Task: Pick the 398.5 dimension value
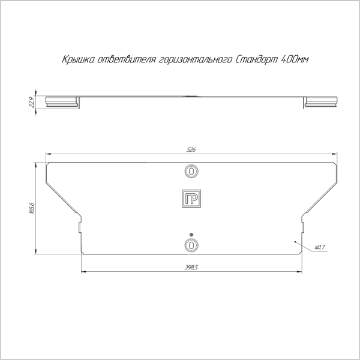coord(191,267)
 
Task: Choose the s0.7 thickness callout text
coord(319,247)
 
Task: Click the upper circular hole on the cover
coord(191,171)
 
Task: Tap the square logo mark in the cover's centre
coord(191,200)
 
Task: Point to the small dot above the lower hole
coord(191,234)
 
